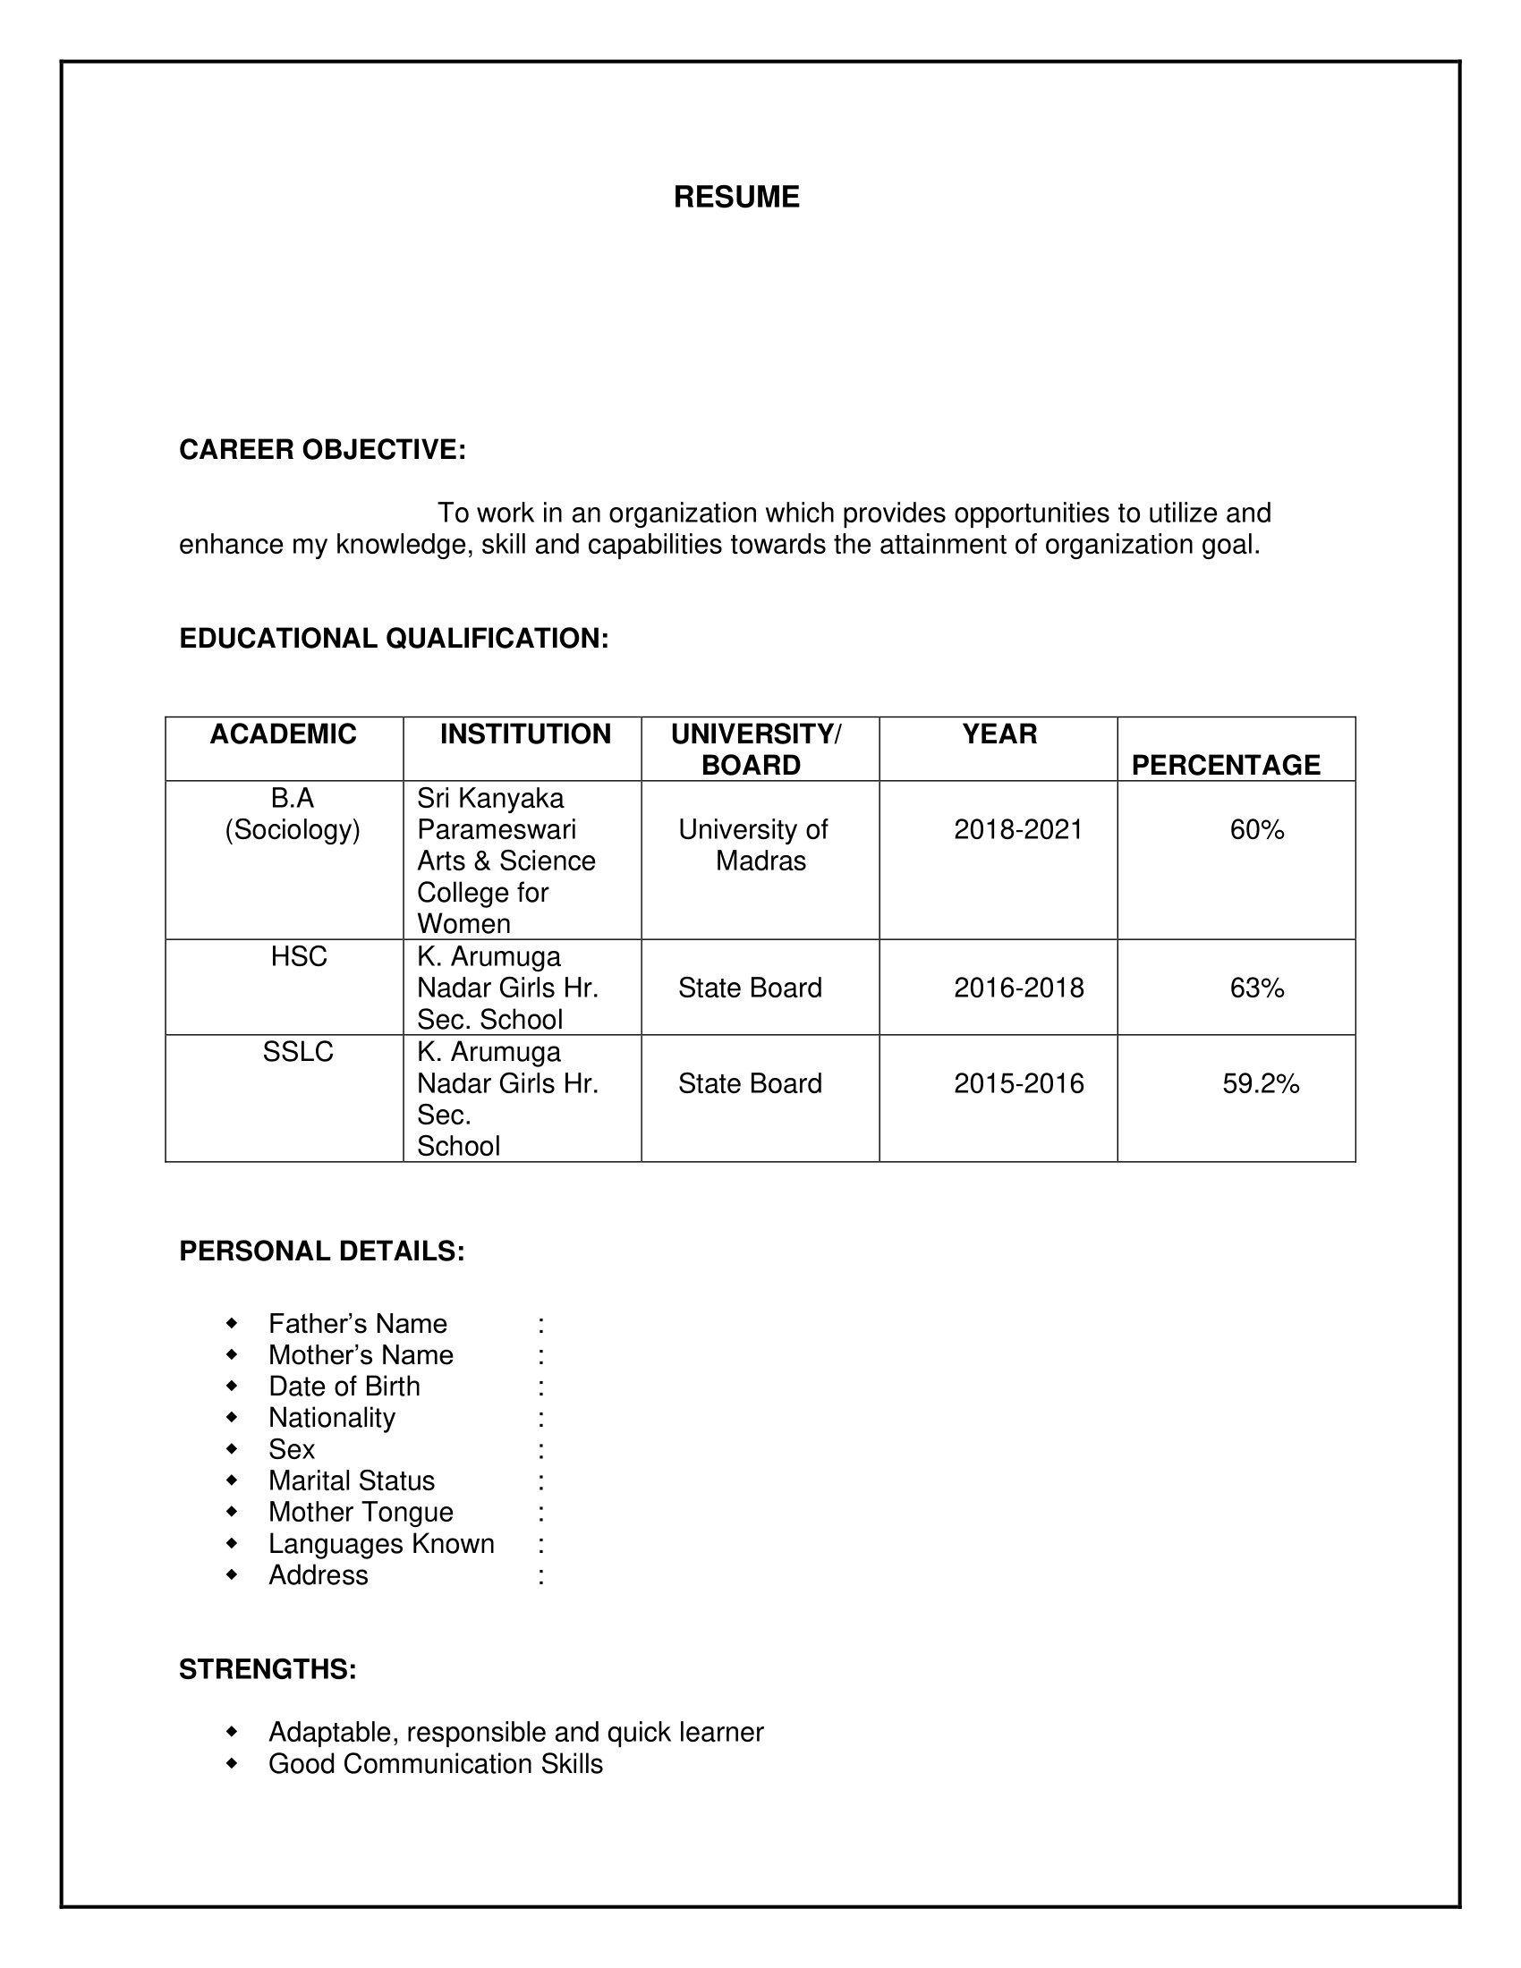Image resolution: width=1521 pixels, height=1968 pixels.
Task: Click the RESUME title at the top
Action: [736, 198]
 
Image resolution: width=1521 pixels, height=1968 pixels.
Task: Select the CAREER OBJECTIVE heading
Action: [323, 450]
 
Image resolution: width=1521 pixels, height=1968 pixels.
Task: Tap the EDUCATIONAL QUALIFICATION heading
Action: [394, 638]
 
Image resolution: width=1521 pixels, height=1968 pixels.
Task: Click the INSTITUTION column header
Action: [525, 734]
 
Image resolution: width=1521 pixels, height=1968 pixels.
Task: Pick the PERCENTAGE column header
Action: [1226, 765]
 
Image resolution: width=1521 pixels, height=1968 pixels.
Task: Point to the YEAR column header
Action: [999, 734]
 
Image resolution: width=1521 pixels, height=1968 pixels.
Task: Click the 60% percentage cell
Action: [1257, 830]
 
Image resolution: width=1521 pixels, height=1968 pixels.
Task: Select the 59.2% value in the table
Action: [1261, 1084]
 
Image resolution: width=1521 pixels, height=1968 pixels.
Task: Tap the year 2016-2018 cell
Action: [1018, 988]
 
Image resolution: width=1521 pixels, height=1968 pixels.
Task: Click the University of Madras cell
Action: [753, 845]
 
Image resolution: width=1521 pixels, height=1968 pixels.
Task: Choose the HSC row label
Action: [299, 957]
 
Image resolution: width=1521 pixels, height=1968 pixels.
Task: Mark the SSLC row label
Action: [298, 1053]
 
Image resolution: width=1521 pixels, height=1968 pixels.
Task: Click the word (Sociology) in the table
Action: [292, 830]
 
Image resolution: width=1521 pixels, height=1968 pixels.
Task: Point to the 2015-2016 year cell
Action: [1018, 1084]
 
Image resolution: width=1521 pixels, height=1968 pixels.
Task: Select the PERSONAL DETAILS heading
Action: [322, 1251]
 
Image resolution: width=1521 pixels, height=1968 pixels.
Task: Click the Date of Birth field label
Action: [344, 1387]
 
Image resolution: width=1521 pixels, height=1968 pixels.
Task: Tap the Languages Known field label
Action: [381, 1545]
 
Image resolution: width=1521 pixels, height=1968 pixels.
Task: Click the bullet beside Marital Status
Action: [232, 1480]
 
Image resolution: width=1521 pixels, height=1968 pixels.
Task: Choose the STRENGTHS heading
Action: [268, 1670]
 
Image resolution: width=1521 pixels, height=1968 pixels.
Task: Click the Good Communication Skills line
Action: [435, 1764]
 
